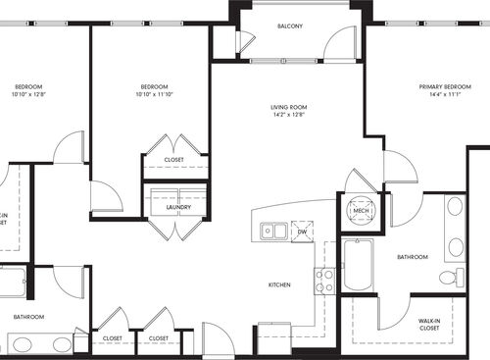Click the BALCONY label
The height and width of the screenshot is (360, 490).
[x=289, y=26]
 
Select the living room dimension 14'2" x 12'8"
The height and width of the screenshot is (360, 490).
[x=290, y=115]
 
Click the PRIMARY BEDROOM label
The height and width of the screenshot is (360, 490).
[x=440, y=87]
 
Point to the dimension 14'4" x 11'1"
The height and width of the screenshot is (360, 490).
[x=440, y=96]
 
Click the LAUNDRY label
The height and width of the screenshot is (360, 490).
[x=177, y=207]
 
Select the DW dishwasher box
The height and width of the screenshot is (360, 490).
[x=302, y=231]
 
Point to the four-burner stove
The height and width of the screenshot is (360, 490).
[x=323, y=280]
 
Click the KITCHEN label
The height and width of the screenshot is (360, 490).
[x=280, y=284]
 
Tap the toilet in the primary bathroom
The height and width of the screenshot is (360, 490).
[x=452, y=278]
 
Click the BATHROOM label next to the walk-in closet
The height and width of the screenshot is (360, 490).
[x=412, y=257]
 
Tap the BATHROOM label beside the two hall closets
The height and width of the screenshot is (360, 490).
[x=28, y=317]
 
